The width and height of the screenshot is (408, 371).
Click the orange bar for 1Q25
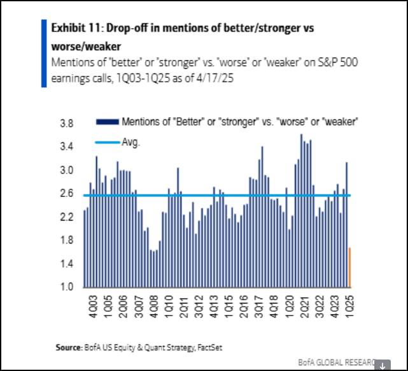pyautogui.click(x=349, y=267)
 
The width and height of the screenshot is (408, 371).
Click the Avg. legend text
pyautogui.click(x=130, y=142)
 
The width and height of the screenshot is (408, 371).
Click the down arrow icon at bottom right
pyautogui.click(x=383, y=365)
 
